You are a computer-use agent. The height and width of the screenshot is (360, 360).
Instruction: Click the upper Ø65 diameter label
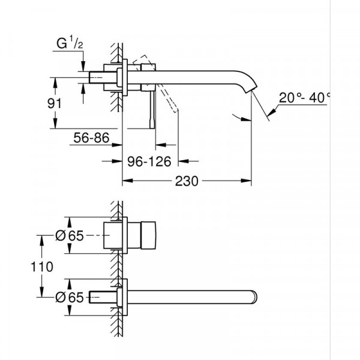click(x=68, y=236)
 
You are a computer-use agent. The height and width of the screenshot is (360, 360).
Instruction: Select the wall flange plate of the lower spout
click(x=124, y=296)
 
